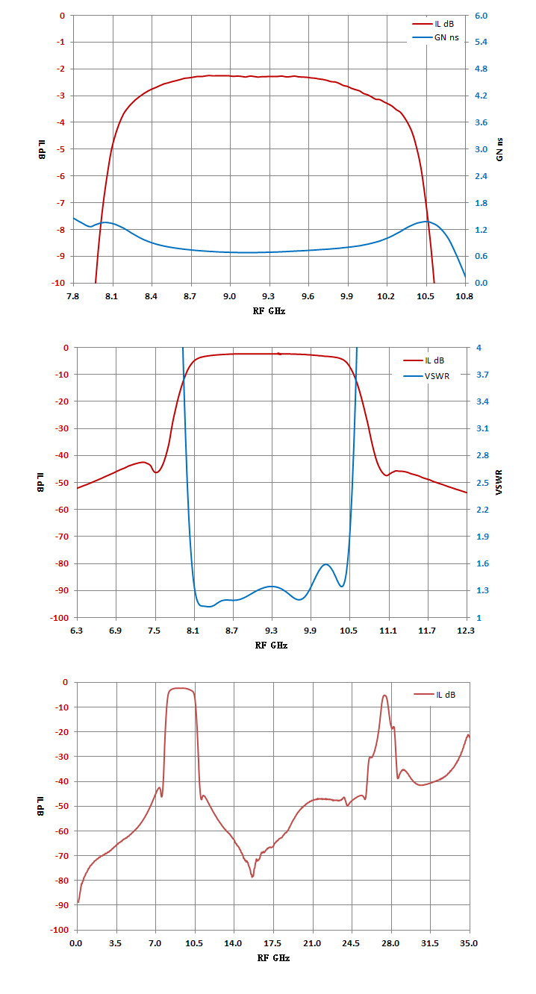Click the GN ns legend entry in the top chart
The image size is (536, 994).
click(436, 37)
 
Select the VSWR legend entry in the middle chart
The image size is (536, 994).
click(426, 376)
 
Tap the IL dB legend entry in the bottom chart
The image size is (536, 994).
click(434, 695)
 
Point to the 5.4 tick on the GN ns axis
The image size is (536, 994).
click(481, 42)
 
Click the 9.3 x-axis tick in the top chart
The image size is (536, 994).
click(268, 296)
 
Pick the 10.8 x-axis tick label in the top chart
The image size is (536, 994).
click(464, 296)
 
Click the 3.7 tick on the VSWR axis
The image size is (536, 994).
click(482, 375)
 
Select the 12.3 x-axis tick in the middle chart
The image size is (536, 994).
click(465, 631)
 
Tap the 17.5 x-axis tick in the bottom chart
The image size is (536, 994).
click(272, 943)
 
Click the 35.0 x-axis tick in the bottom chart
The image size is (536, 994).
click(469, 943)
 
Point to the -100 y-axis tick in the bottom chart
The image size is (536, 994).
click(60, 930)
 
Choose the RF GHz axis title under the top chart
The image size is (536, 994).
click(269, 311)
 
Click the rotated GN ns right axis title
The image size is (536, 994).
click(499, 149)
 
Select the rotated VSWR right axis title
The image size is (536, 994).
click(499, 482)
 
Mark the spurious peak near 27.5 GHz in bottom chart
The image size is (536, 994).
click(384, 696)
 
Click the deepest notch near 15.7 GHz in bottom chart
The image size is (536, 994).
click(252, 877)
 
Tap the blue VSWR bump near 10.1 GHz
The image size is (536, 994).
click(326, 564)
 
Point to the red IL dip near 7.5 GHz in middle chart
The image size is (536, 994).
click(156, 472)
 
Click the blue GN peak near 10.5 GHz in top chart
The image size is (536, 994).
click(426, 222)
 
